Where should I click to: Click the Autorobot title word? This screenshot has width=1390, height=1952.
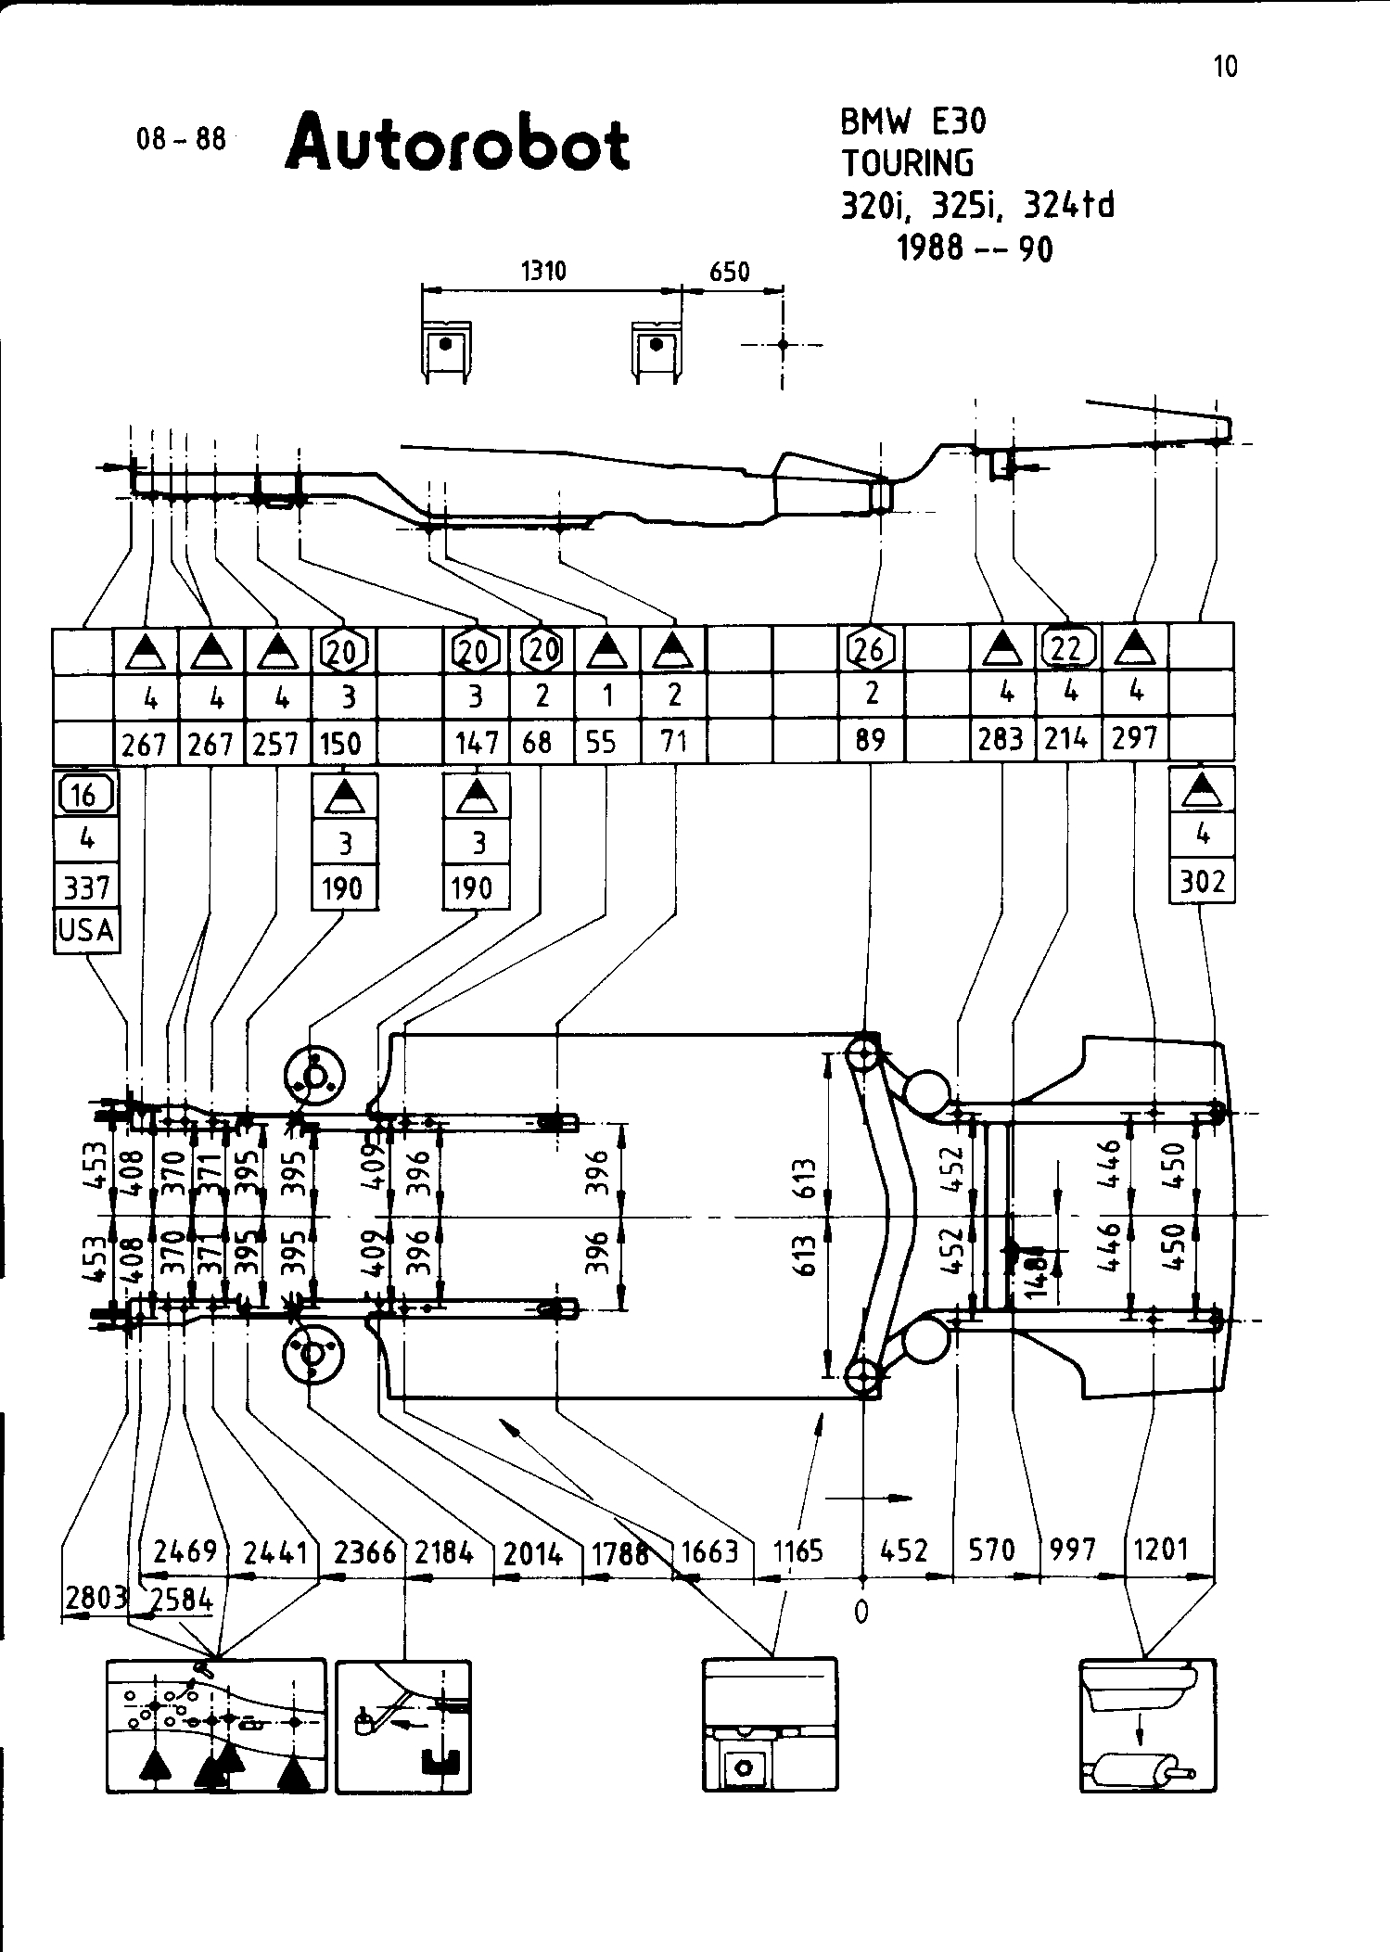[457, 144]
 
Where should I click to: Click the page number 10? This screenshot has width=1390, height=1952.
[1225, 67]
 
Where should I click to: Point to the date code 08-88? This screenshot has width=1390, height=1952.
[181, 139]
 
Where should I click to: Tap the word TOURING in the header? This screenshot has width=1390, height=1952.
[908, 163]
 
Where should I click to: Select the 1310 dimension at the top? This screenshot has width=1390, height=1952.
[542, 271]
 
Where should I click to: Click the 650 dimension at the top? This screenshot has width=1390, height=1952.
[729, 272]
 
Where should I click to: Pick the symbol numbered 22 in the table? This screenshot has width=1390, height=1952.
[1068, 647]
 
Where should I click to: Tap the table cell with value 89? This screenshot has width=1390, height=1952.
[870, 740]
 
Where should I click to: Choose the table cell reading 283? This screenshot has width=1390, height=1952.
[1001, 739]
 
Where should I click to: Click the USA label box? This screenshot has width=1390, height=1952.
[86, 929]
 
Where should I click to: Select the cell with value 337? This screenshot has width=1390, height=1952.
[86, 888]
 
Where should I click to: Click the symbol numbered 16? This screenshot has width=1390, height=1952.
[85, 795]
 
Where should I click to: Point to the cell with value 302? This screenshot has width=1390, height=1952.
[1203, 881]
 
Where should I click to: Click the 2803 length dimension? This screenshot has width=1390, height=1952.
[96, 1598]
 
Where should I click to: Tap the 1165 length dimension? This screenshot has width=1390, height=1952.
[797, 1550]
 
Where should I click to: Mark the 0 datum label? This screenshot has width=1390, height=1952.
[861, 1613]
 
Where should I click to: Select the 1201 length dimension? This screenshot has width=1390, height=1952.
[1160, 1550]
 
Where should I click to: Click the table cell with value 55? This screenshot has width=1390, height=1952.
[603, 742]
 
